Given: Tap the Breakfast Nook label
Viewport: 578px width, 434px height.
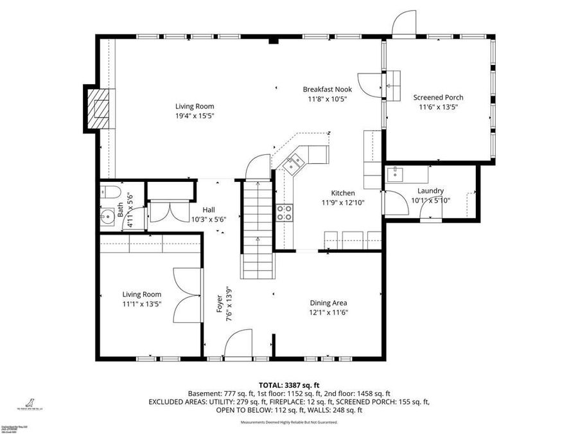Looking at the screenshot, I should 327,89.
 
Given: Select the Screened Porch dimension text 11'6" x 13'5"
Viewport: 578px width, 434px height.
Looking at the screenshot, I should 438,107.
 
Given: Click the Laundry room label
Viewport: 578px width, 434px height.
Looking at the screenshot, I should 430,191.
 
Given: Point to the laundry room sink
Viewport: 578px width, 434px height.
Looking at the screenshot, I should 396,173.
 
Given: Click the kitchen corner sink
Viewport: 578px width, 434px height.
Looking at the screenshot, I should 293,165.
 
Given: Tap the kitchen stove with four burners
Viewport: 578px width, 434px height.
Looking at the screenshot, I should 285,212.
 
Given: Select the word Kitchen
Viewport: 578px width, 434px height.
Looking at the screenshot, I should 342,193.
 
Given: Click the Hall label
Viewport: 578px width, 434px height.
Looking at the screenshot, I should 209,210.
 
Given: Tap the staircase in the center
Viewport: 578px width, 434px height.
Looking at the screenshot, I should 258,228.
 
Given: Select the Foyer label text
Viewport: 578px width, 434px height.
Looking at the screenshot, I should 219,307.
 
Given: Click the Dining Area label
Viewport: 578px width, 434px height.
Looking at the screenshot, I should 328,303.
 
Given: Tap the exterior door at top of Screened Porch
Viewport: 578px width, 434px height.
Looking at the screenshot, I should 404,23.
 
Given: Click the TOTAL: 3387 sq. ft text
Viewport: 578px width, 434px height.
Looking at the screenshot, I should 289,384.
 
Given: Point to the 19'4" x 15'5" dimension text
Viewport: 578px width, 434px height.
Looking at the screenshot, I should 195,116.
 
